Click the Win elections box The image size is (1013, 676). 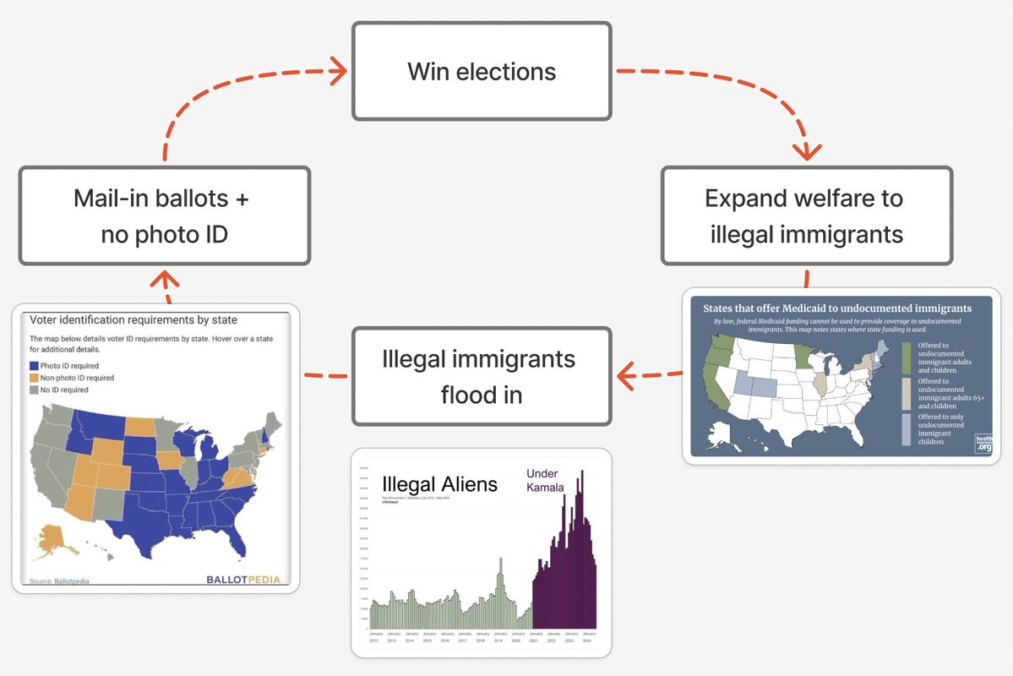pos(482,71)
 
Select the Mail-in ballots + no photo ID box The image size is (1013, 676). pos(165,215)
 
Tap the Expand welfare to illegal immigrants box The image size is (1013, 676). pos(806,215)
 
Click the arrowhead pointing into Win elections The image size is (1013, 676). pos(337,71)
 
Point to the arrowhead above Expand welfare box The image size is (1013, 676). pos(810,151)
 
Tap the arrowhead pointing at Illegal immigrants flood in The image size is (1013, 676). pos(626,376)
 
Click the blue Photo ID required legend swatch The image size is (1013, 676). pos(35,366)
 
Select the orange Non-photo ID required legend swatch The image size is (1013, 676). pos(35,378)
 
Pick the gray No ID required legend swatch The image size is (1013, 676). pos(35,390)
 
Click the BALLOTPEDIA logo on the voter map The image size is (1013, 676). pos(242,580)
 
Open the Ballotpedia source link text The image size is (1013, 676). pos(71,581)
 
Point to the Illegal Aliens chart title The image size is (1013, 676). pos(439,484)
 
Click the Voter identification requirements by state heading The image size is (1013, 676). pos(133,320)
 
